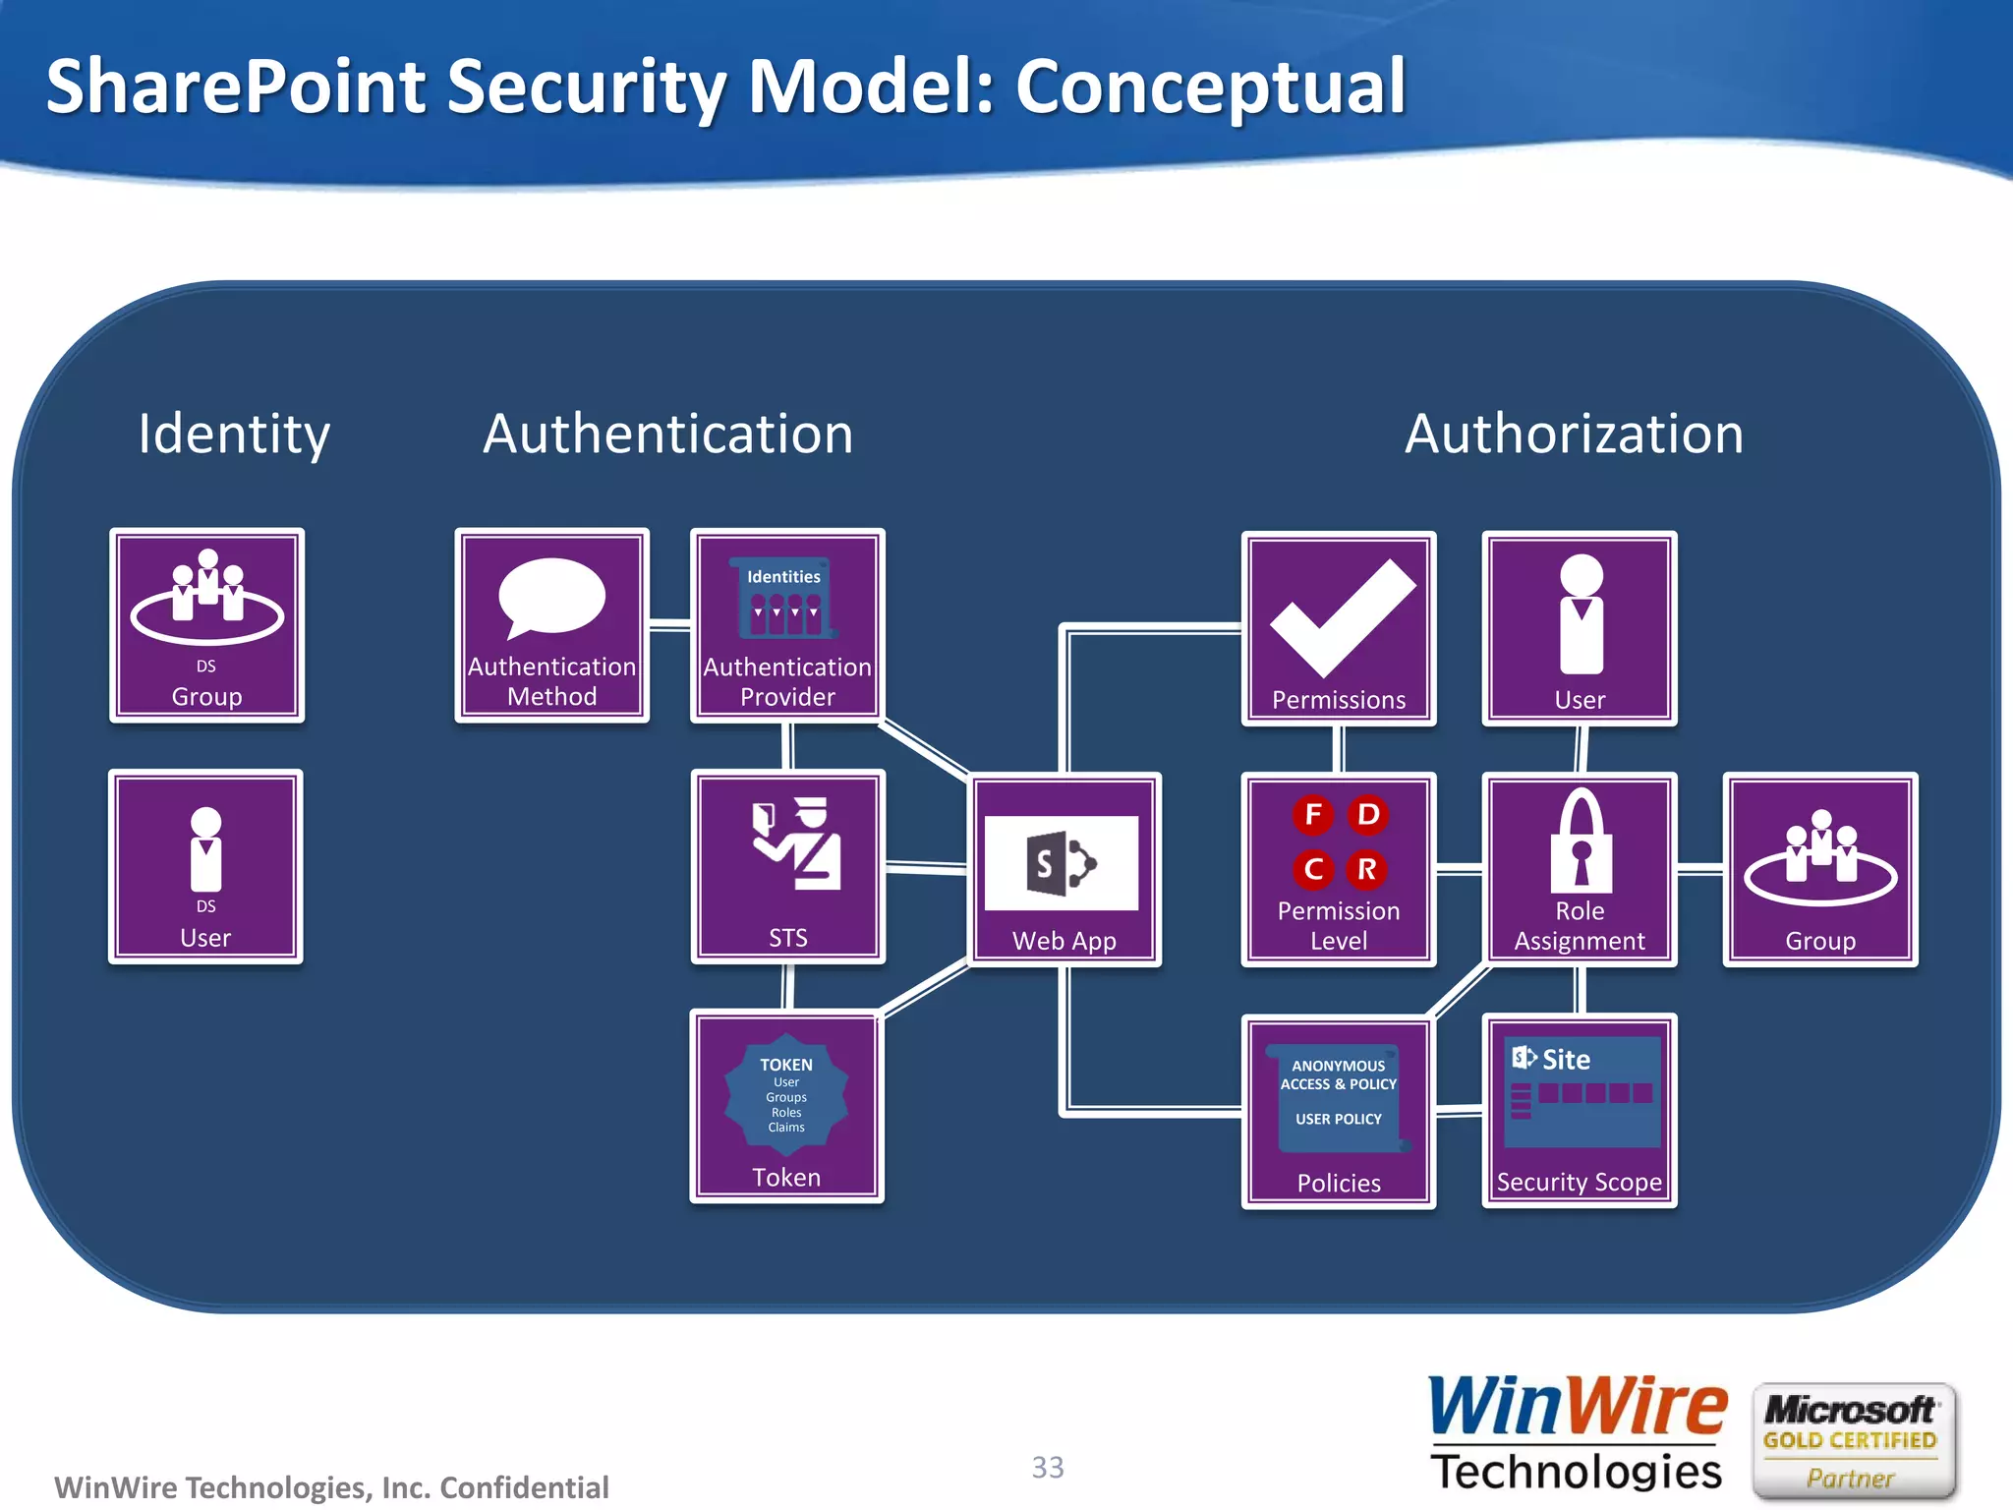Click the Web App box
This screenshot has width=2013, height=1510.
(x=1065, y=869)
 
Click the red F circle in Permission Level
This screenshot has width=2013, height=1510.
(x=1312, y=814)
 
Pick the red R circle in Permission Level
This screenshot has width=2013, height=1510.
(x=1366, y=869)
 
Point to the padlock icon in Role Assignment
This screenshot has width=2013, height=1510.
(x=1581, y=841)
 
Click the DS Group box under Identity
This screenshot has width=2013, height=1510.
(x=206, y=626)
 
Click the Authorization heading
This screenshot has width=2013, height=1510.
(x=1574, y=434)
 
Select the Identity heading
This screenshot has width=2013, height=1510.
(x=234, y=434)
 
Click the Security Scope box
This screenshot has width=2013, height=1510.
(x=1580, y=1111)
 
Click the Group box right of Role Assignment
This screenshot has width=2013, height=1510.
(x=1820, y=869)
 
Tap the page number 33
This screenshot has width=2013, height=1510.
(x=1048, y=1467)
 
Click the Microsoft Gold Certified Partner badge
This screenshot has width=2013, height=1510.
(x=1852, y=1441)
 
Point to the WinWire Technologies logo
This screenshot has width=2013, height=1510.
(x=1577, y=1434)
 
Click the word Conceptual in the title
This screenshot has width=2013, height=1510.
(x=1210, y=87)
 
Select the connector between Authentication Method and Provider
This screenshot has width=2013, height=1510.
(x=669, y=625)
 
